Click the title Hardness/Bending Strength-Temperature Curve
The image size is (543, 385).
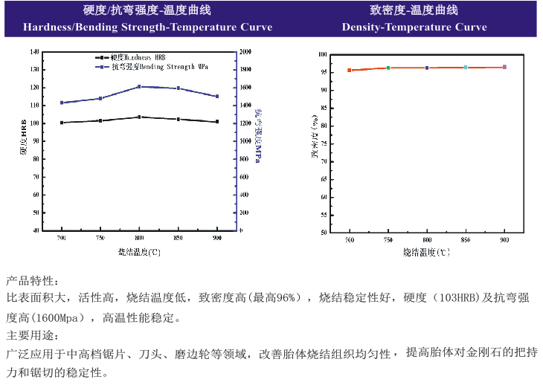[x=138, y=27]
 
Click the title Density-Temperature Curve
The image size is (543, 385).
[x=414, y=27]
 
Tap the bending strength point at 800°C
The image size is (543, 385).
[x=139, y=87]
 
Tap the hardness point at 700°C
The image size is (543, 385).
[x=62, y=123]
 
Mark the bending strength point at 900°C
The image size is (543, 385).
[x=216, y=97]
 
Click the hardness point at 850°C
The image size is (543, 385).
[x=178, y=119]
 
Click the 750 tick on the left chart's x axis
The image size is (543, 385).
[x=100, y=239]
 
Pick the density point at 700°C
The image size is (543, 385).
[x=349, y=70]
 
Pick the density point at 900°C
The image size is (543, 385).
[x=504, y=67]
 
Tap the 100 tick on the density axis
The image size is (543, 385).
[x=324, y=54]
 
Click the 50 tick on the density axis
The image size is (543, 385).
[x=324, y=232]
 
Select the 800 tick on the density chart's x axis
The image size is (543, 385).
[x=427, y=241]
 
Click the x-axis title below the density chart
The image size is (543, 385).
[x=427, y=253]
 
